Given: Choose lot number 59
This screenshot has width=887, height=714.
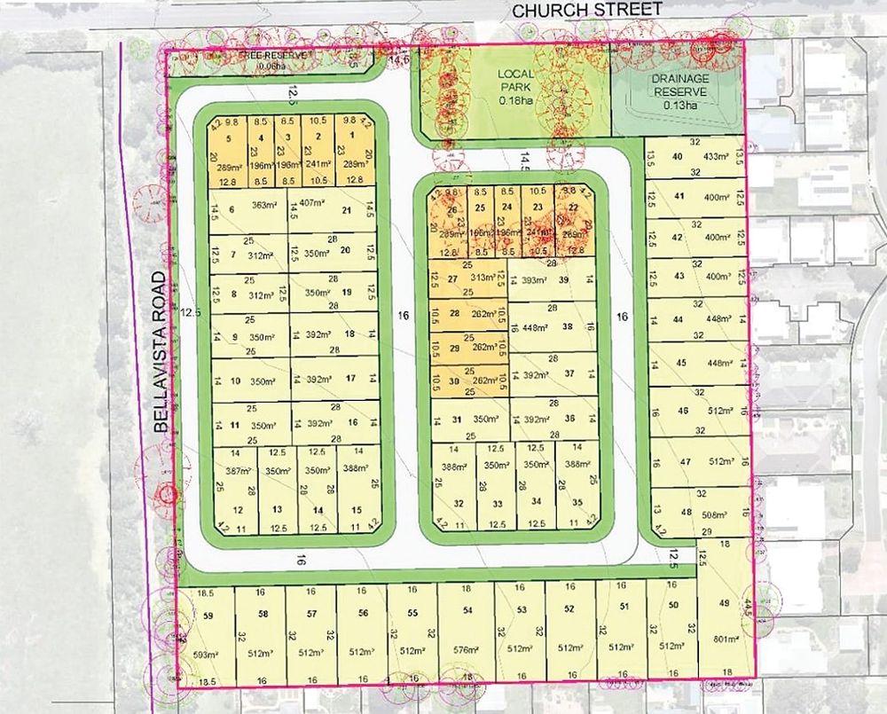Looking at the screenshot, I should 209,615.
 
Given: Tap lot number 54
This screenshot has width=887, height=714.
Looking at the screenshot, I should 467,612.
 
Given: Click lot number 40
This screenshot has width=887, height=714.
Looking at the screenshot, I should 678,157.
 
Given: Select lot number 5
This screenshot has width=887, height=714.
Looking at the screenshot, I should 228,139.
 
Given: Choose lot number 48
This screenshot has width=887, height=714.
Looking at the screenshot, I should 687,513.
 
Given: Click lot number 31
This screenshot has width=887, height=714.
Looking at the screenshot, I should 457,420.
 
